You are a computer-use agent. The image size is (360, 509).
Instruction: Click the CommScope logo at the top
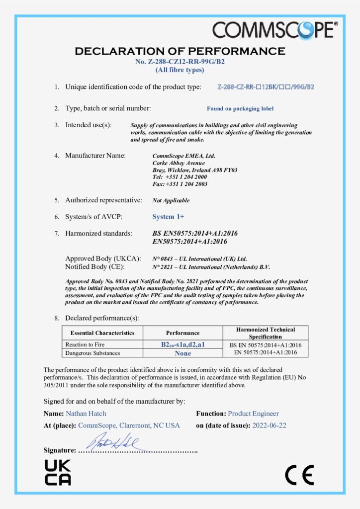pos(275,29)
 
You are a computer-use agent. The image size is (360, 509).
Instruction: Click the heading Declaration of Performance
pos(180,51)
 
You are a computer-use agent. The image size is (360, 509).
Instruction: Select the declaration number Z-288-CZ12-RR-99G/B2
pos(180,62)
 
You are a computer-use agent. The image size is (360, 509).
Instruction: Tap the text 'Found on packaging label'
pos(240,108)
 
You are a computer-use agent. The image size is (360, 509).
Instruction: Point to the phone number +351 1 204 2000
pos(180,177)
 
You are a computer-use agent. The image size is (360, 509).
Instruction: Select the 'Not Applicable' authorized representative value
pos(171,200)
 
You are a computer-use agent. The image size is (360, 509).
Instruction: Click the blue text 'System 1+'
pos(168,216)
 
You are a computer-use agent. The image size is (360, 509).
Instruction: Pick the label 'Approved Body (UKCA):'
pos(103,258)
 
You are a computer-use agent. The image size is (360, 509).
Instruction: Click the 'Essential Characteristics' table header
pos(102,333)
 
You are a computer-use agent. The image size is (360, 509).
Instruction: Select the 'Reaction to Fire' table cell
pos(86,344)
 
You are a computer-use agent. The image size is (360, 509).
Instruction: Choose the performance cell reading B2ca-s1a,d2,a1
pos(183,344)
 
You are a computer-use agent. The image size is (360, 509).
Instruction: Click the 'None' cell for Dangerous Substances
pos(183,353)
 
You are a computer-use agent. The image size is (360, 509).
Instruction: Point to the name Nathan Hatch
pos(86,414)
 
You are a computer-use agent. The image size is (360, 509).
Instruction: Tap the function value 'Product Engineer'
pos(253,414)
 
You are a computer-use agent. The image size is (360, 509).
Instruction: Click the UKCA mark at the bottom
pos(58,472)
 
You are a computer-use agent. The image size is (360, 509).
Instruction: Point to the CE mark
pos(299,476)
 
